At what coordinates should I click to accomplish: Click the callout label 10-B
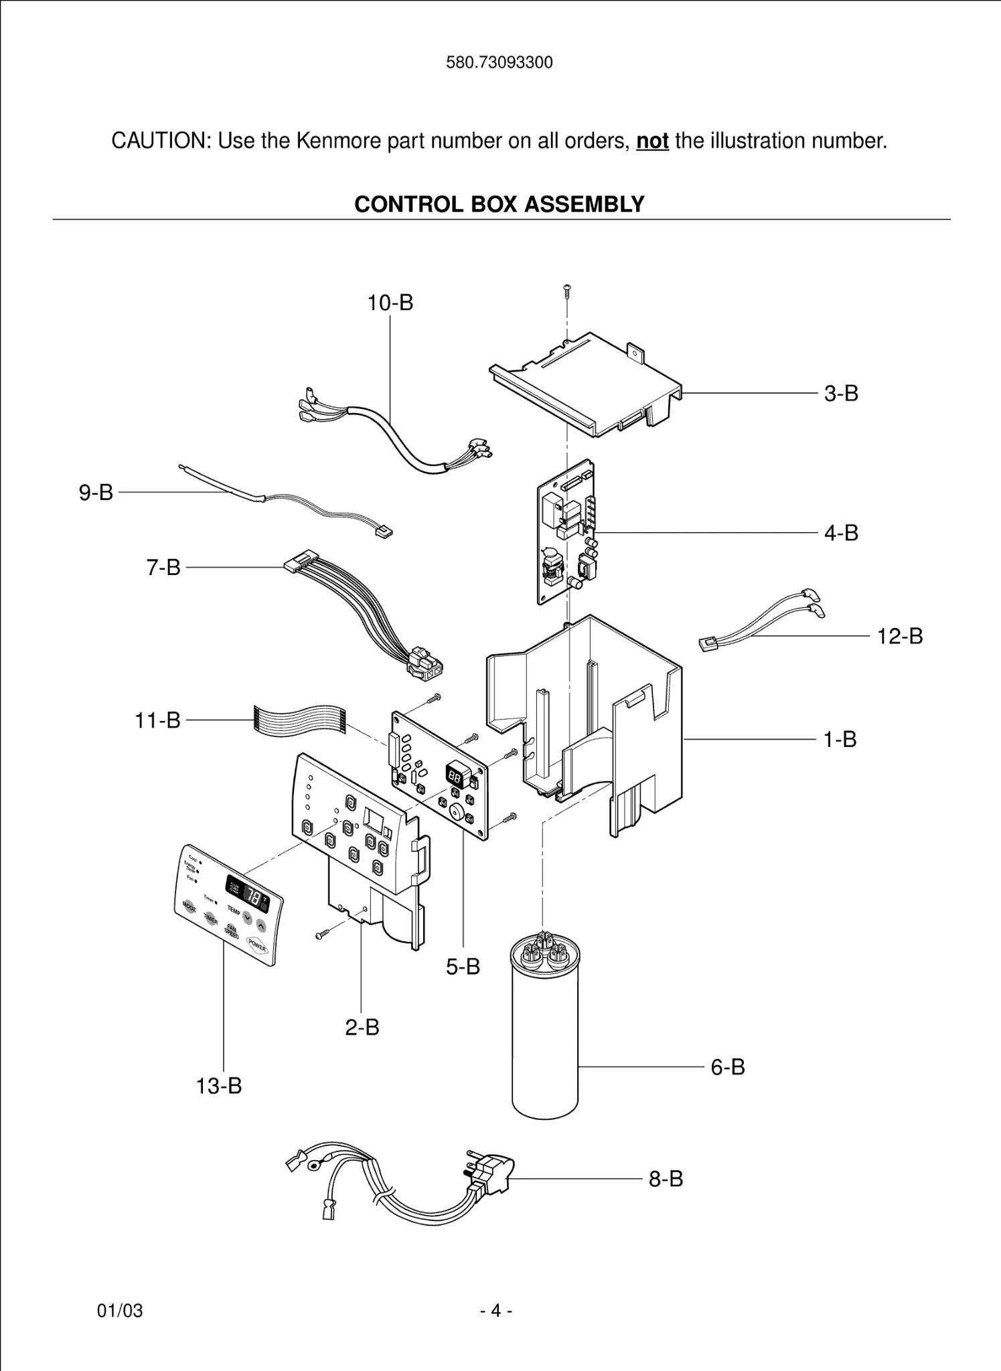pos(390,303)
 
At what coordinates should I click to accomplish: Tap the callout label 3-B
pos(841,394)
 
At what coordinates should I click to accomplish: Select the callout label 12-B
pos(900,637)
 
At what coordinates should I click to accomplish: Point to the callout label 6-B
pos(728,1067)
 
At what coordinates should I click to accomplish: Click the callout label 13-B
pos(219,1086)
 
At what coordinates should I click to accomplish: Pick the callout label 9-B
pos(96,493)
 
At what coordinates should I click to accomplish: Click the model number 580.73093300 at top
pos(499,63)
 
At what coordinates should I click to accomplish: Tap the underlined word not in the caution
pos(652,141)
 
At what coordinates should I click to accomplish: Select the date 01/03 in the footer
pos(121,1310)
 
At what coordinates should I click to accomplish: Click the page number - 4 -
pos(496,1310)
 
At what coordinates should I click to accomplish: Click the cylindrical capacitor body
pos(544,1044)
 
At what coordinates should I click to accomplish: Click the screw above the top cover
pos(567,291)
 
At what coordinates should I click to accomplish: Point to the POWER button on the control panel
pos(258,946)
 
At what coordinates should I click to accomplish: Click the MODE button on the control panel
pos(190,906)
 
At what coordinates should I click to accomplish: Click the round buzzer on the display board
pos(457,812)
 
